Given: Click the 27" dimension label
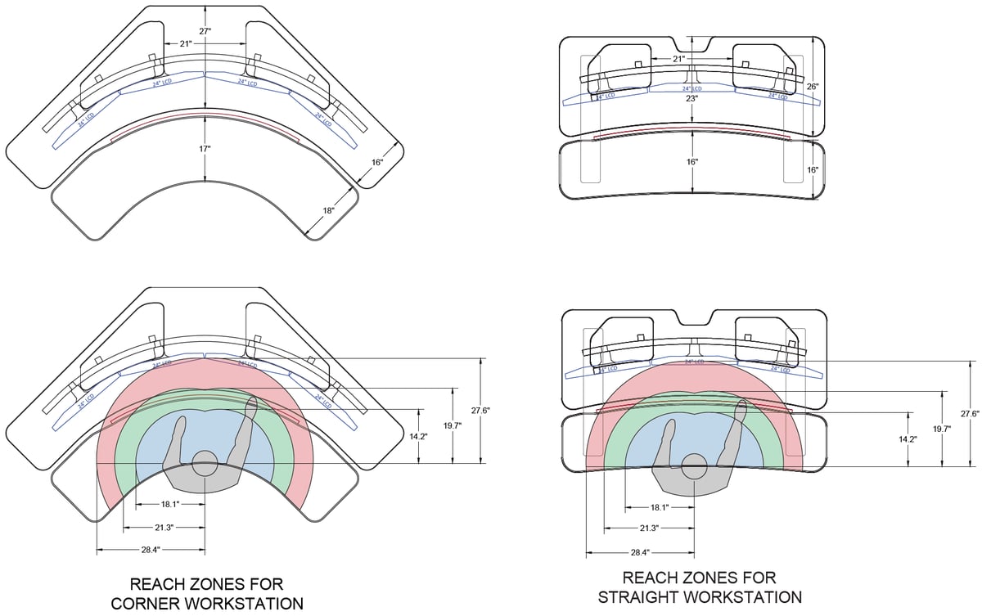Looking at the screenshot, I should click(205, 30).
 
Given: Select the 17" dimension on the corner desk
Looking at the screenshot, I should click(205, 149).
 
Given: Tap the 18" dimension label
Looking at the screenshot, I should click(329, 211).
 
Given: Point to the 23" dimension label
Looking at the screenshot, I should click(692, 98).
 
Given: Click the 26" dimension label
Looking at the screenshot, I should click(813, 86).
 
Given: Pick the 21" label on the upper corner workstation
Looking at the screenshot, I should click(187, 43).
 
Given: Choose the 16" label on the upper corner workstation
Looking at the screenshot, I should click(377, 163).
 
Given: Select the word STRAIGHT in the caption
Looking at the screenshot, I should click(640, 597).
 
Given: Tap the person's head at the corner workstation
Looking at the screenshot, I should click(205, 461).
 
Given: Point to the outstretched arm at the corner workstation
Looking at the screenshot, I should click(243, 434).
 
